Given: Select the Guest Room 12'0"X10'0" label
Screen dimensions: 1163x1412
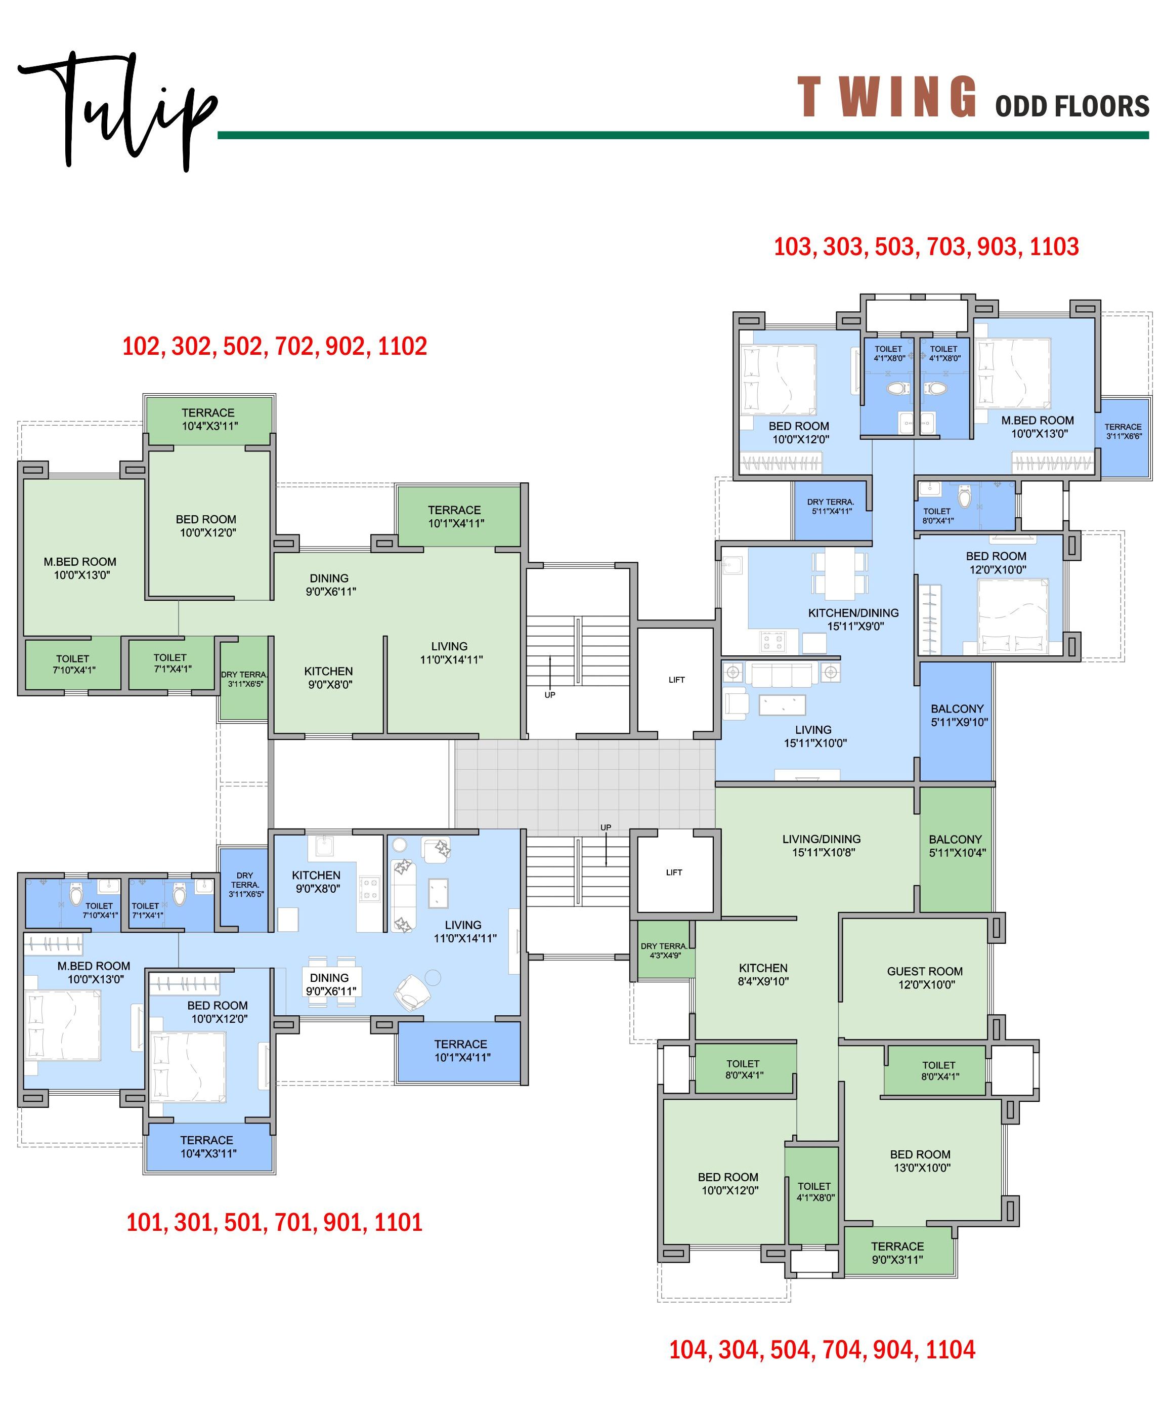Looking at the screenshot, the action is [x=925, y=978].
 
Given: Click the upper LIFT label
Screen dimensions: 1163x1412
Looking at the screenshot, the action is [x=677, y=680].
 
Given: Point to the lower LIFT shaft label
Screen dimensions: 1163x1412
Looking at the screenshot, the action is [x=674, y=872].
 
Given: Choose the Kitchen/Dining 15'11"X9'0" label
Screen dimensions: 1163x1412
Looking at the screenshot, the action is [x=853, y=619].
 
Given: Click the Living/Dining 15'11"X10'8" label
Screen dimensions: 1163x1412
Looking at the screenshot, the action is [x=822, y=845].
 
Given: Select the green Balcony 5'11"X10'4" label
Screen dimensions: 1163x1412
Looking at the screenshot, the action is [x=957, y=846].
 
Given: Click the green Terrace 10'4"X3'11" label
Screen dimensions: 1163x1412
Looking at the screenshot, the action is [x=208, y=419].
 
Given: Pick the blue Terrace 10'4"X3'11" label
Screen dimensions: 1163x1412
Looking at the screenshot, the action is [x=208, y=1147].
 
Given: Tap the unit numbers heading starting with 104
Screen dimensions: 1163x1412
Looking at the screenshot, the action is [x=822, y=1349].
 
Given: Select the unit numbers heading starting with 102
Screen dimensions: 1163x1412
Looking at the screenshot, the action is [x=275, y=346].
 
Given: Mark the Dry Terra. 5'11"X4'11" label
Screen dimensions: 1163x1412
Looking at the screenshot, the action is [x=831, y=506].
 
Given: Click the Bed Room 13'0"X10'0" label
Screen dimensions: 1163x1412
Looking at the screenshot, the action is [x=921, y=1160].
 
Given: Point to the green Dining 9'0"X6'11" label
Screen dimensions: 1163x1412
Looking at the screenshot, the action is [x=330, y=585].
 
